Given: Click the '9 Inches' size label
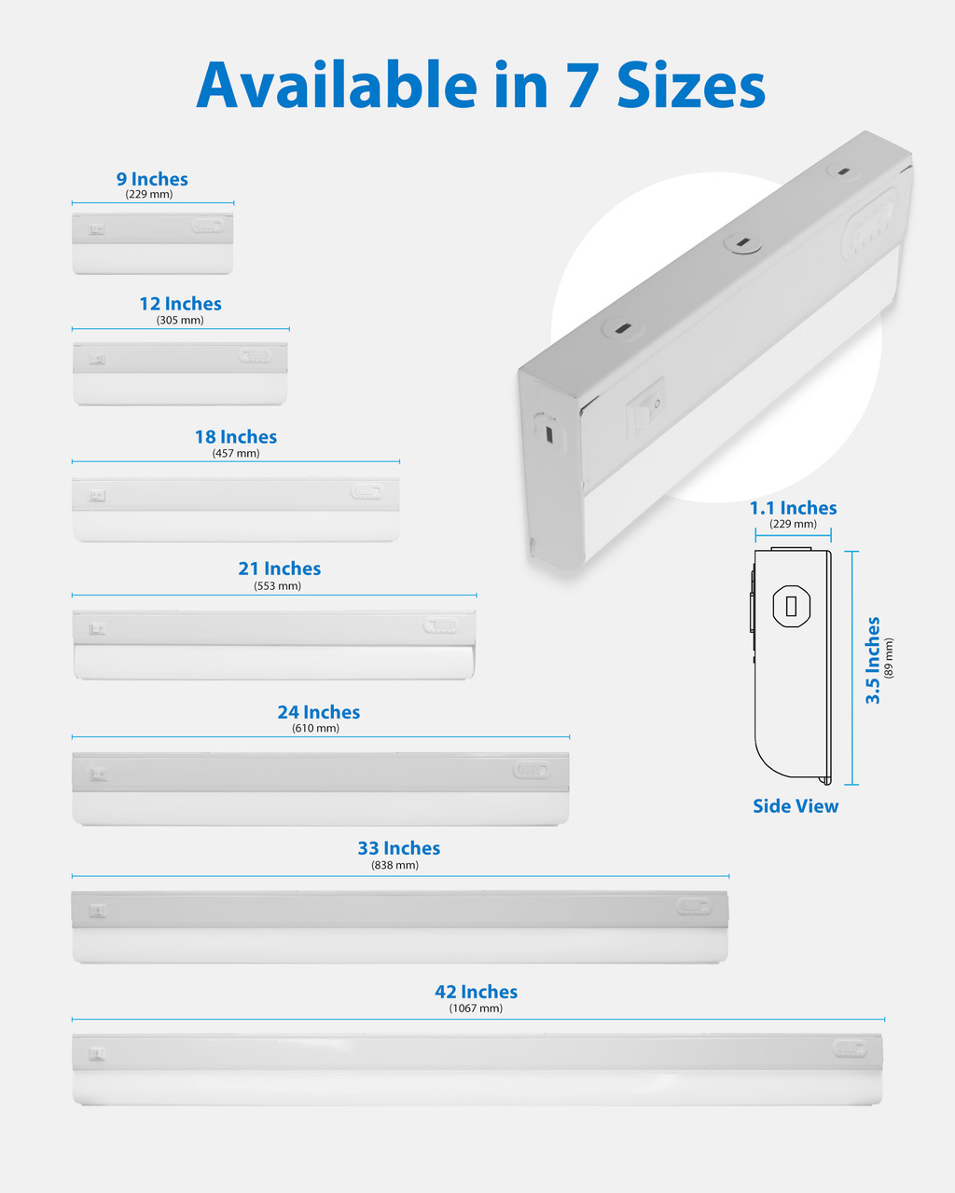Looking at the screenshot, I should coord(152,179).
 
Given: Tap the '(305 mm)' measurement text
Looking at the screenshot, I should coord(180,321).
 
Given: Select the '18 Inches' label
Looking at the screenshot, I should coord(235,437).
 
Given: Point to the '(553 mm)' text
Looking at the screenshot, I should coord(277,586).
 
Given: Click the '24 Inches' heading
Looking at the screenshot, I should coord(318,712).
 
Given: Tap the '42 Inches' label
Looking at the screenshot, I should coord(476,992).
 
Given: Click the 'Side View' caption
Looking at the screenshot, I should coord(796,806).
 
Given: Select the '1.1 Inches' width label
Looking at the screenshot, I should coord(793,508).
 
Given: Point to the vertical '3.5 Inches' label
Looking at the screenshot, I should coord(873,660).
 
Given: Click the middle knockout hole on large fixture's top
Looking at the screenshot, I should coord(741,244).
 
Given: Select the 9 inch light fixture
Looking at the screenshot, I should coord(153,243).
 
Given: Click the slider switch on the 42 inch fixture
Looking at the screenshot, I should coord(849,1049).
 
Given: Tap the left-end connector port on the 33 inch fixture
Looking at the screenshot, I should coord(97,912).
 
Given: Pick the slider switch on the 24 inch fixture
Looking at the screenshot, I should coord(531,771).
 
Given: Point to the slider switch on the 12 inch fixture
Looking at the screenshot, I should coord(255,355).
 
